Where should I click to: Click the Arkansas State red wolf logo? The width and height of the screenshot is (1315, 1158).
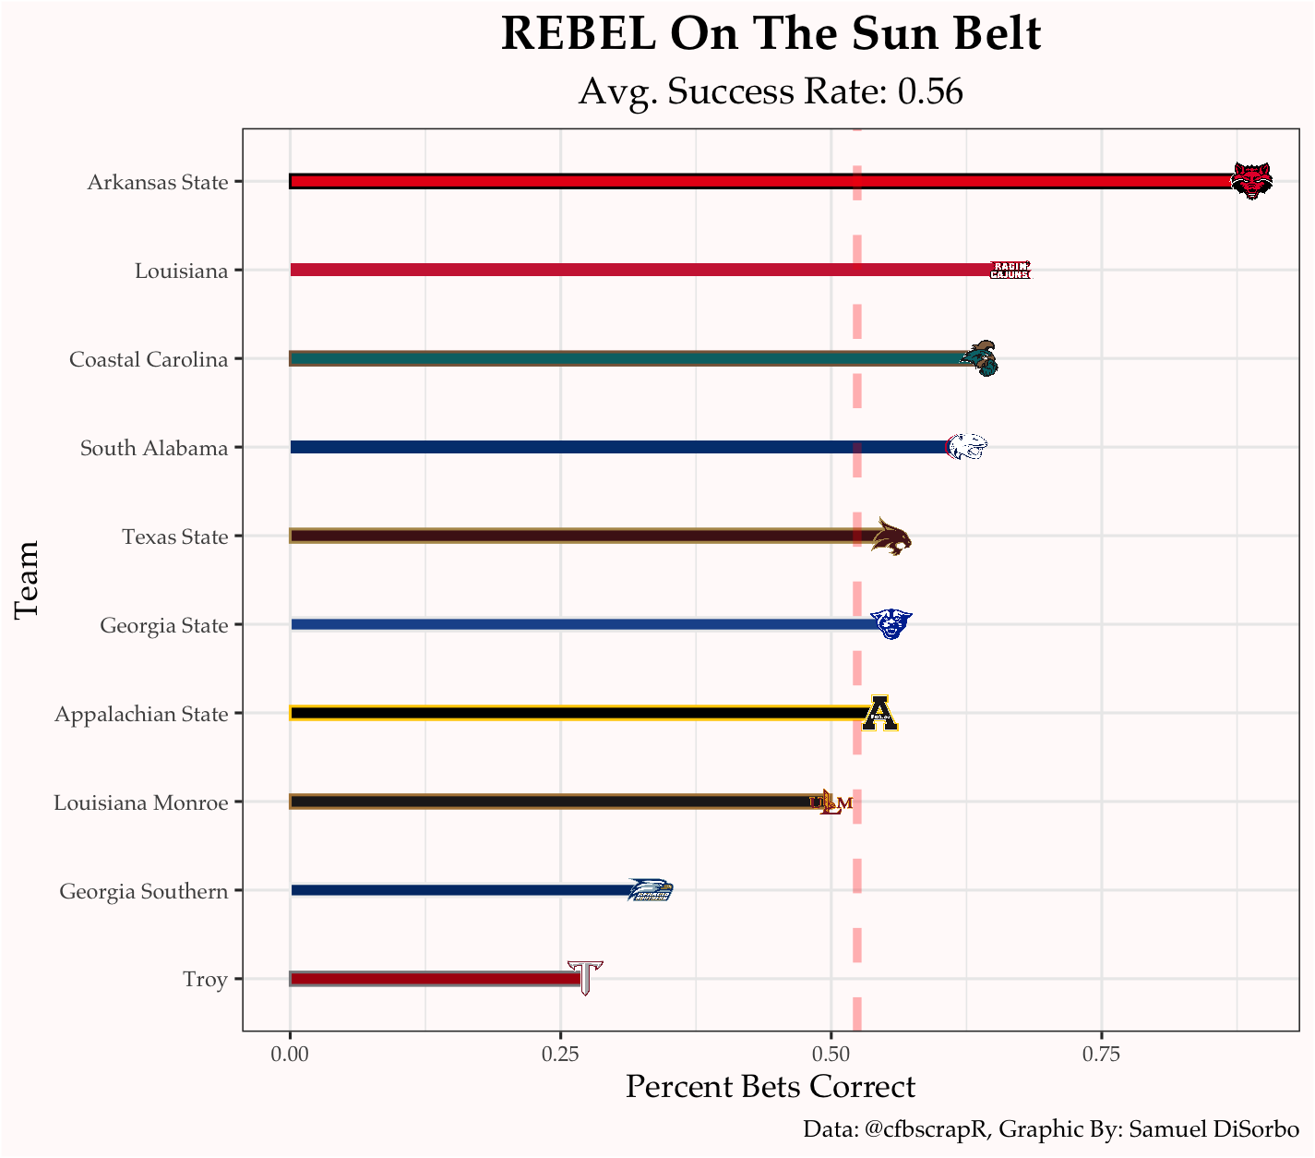click(x=1251, y=181)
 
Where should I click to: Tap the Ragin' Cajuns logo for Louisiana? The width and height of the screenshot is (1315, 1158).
click(x=1010, y=270)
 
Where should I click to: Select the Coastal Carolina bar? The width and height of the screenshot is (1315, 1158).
click(x=628, y=358)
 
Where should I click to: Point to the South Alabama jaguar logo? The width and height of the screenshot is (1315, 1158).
click(x=967, y=447)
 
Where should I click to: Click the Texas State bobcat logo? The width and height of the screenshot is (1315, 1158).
click(x=891, y=537)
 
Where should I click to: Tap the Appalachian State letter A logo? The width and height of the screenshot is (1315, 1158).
click(x=880, y=713)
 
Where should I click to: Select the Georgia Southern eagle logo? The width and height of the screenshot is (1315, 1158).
click(x=651, y=890)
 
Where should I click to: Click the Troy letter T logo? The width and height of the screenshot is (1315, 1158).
click(x=585, y=978)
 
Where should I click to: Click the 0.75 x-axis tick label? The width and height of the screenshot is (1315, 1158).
click(x=1101, y=1054)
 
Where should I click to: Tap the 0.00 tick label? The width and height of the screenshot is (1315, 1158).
click(x=291, y=1054)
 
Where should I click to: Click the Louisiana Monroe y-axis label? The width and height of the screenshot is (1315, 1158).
click(x=140, y=802)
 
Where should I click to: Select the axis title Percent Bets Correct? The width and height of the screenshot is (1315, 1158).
click(x=771, y=1087)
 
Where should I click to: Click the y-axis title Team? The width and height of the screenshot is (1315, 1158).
click(x=28, y=580)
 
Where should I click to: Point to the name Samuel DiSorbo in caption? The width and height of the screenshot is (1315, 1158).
click(x=1214, y=1128)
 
